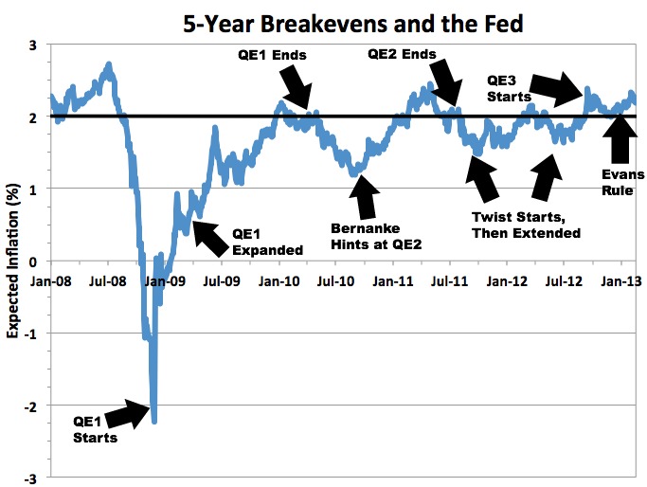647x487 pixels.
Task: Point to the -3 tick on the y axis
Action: (35, 478)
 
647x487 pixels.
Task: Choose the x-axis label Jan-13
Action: (620, 281)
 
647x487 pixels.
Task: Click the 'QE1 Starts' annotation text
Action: (95, 429)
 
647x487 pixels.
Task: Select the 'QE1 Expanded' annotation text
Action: (266, 243)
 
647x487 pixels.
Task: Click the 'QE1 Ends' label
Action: (271, 56)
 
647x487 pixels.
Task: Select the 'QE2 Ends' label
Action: (402, 55)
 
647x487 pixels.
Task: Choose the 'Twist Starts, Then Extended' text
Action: (526, 225)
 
